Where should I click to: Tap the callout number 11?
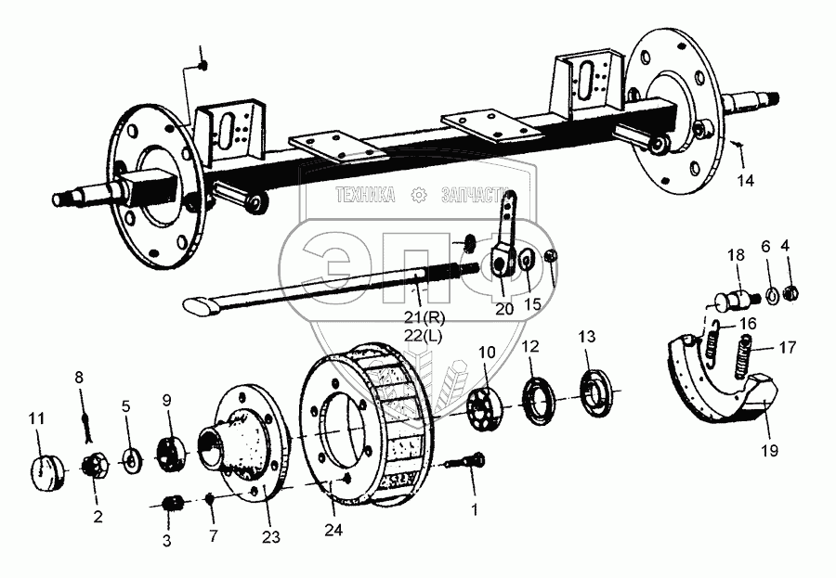point(36,419)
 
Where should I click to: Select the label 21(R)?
point(420,318)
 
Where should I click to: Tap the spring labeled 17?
point(746,361)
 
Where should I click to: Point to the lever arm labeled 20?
point(506,243)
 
